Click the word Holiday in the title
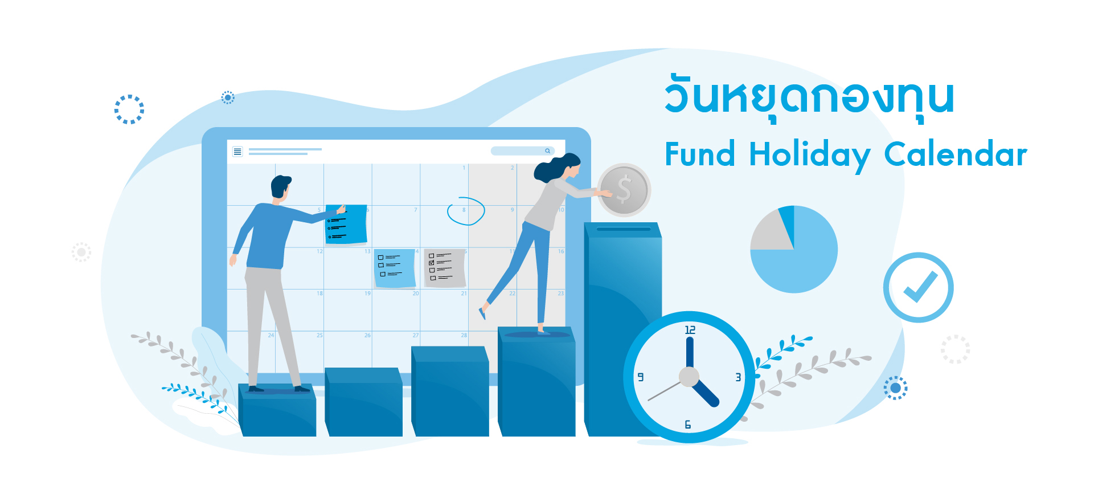point(809,155)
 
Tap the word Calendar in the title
point(956,154)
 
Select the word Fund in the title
point(700,154)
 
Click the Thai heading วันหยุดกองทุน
point(809,97)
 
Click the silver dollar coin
point(624,190)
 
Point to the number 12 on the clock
point(690,330)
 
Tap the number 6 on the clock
point(688,425)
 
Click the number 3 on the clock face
point(738,377)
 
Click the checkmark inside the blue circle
point(920,287)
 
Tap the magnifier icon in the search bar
point(547,151)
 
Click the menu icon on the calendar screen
point(237,151)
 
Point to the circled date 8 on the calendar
point(466,211)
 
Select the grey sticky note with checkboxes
point(445,268)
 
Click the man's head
point(280,186)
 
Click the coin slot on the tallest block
point(624,229)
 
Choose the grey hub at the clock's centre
point(689,377)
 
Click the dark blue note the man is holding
point(346,224)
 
